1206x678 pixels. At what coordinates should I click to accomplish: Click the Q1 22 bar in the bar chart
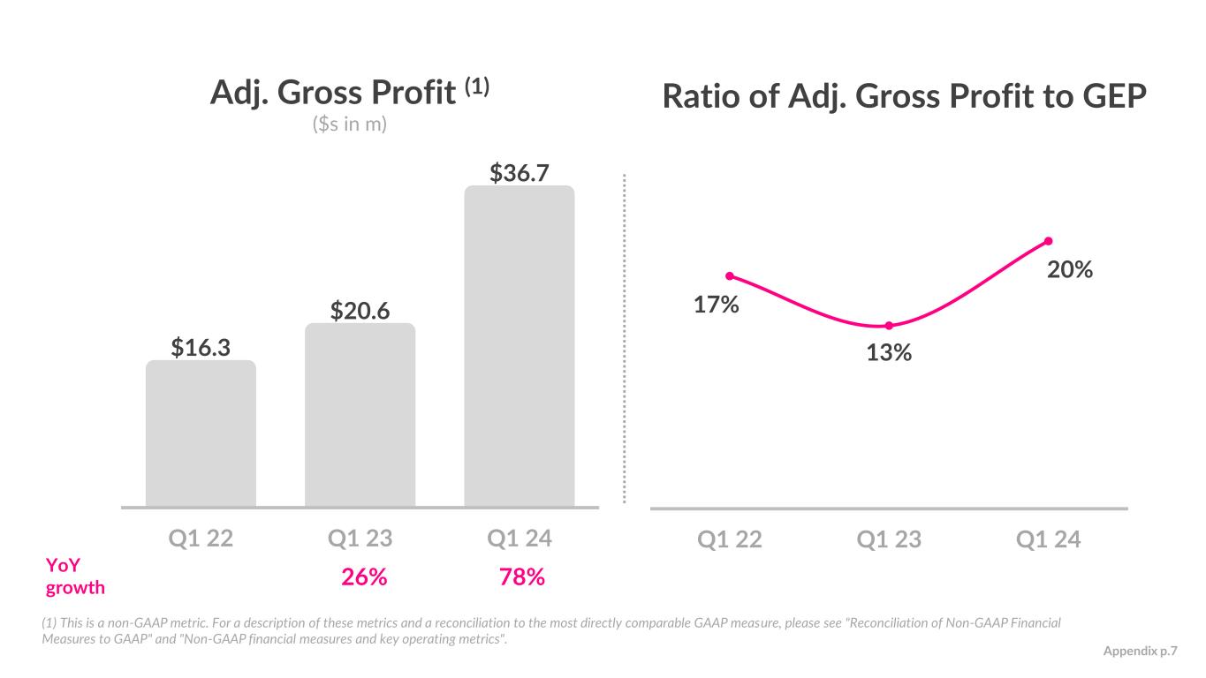pos(201,433)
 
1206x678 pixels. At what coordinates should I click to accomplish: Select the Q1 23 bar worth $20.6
pos(360,415)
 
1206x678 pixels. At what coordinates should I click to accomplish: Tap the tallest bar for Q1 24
pos(520,346)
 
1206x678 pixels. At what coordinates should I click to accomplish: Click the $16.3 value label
pos(201,348)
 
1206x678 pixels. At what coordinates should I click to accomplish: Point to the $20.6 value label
pos(360,310)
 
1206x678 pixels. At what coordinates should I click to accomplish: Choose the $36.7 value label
pos(520,172)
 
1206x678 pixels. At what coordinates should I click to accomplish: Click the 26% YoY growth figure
pos(364,577)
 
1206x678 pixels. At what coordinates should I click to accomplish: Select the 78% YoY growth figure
pos(521,577)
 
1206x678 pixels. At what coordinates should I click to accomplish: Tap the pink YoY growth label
pos(74,577)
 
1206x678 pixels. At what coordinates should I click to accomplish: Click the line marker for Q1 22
pos(730,276)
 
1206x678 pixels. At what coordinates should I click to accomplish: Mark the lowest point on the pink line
pos(889,326)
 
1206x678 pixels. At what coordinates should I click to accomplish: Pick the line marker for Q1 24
pos(1049,241)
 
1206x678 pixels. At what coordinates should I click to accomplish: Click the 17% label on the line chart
pos(716,305)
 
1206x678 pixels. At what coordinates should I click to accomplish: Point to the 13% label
pos(889,353)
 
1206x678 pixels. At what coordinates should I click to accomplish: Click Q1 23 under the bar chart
pos(360,539)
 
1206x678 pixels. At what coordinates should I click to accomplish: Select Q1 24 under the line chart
pos(1049,539)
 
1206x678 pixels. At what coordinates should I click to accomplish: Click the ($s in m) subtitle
pos(350,124)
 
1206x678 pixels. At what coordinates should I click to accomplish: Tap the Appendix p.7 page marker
pos(1141,651)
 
